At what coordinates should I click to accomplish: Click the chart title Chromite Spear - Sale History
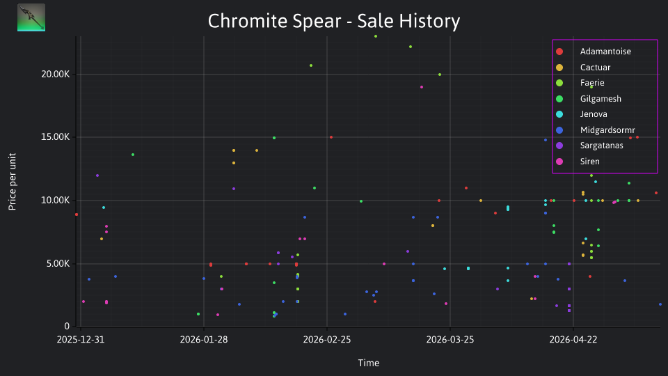334,21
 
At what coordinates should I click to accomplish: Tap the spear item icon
31,17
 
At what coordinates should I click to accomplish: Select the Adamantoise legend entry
605,52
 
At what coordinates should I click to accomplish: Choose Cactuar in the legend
595,68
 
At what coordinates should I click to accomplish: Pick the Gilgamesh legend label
601,99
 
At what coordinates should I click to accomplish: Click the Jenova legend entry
594,114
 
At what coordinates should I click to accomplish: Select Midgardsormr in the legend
607,130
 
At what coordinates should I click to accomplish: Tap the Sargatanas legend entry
601,146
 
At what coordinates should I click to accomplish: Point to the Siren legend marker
559,162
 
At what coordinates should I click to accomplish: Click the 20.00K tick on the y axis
56,75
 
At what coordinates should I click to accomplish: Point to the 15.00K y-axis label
56,137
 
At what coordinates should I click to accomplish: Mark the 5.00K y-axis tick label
58,263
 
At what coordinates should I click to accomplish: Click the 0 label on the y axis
67,326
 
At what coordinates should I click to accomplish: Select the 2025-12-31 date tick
81,340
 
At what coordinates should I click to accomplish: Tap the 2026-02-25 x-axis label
327,340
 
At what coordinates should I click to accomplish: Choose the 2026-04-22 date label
573,340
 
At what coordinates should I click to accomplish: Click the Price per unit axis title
13,182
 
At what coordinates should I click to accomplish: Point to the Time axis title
369,363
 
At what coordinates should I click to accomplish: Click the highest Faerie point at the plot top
375,36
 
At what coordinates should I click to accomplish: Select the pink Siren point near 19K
422,87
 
